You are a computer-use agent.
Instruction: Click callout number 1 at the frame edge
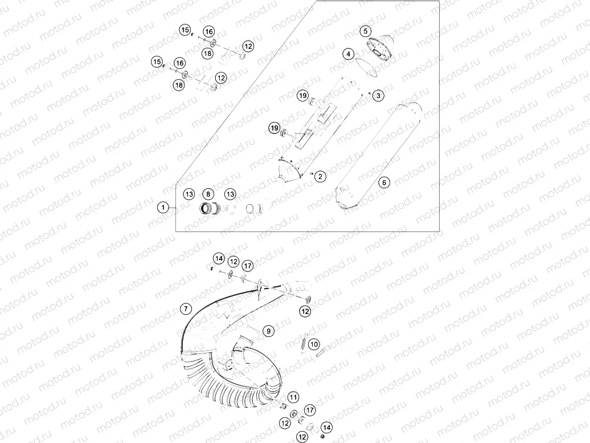tap(163, 208)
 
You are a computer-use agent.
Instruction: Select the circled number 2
tap(321, 176)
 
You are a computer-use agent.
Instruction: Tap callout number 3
tap(378, 96)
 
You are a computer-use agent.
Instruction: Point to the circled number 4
tap(348, 54)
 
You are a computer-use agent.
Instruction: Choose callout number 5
tap(366, 31)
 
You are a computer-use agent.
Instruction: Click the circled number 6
tap(384, 182)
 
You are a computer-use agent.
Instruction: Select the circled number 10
tap(314, 344)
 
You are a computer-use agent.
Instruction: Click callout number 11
tap(293, 397)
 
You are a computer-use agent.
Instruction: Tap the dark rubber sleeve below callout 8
tap(209, 209)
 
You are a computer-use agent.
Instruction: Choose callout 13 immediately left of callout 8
tap(189, 194)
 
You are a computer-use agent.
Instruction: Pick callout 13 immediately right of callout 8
tap(230, 194)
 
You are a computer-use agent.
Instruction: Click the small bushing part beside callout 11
tap(281, 405)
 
